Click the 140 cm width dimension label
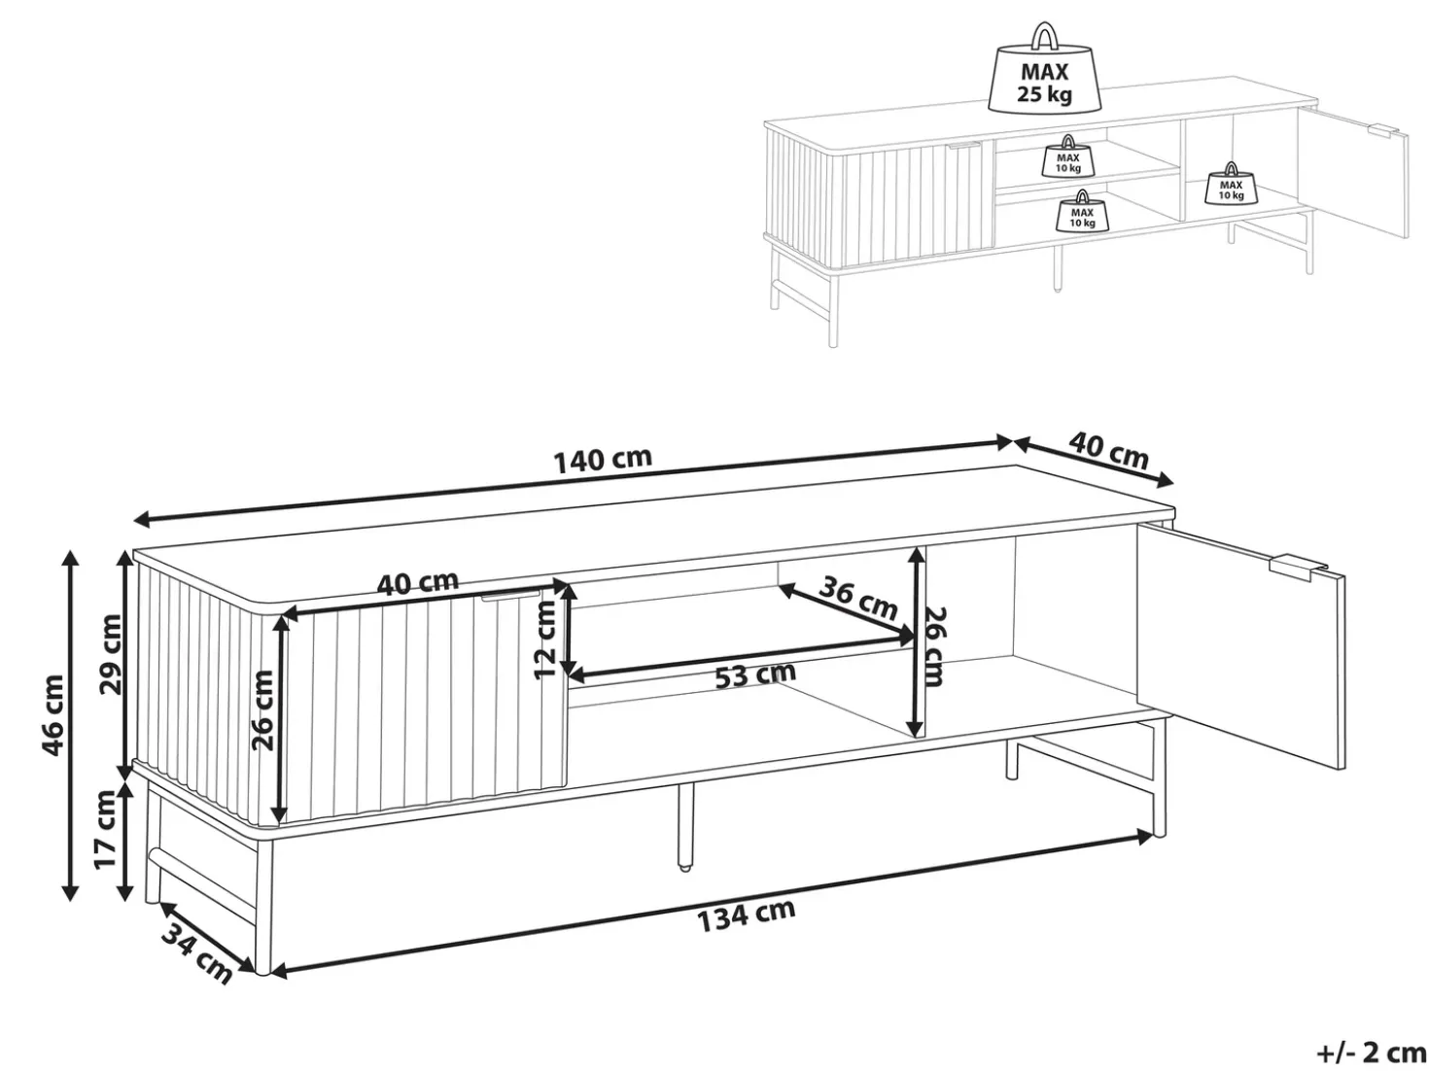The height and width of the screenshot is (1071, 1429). click(602, 460)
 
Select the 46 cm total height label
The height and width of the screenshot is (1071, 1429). click(52, 715)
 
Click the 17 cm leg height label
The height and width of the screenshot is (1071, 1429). click(105, 829)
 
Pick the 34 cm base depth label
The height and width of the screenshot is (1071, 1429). click(196, 953)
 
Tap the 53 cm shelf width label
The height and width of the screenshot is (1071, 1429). click(755, 675)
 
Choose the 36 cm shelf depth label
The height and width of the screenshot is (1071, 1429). click(858, 599)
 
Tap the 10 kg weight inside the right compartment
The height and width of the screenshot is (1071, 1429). click(1231, 183)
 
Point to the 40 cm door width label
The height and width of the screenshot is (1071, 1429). click(418, 582)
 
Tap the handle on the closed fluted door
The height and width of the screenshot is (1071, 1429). click(511, 596)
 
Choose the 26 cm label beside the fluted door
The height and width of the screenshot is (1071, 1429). click(264, 709)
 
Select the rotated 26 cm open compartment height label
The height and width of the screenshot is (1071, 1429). click(934, 646)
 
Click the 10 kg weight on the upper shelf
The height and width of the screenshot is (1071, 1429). click(1067, 156)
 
